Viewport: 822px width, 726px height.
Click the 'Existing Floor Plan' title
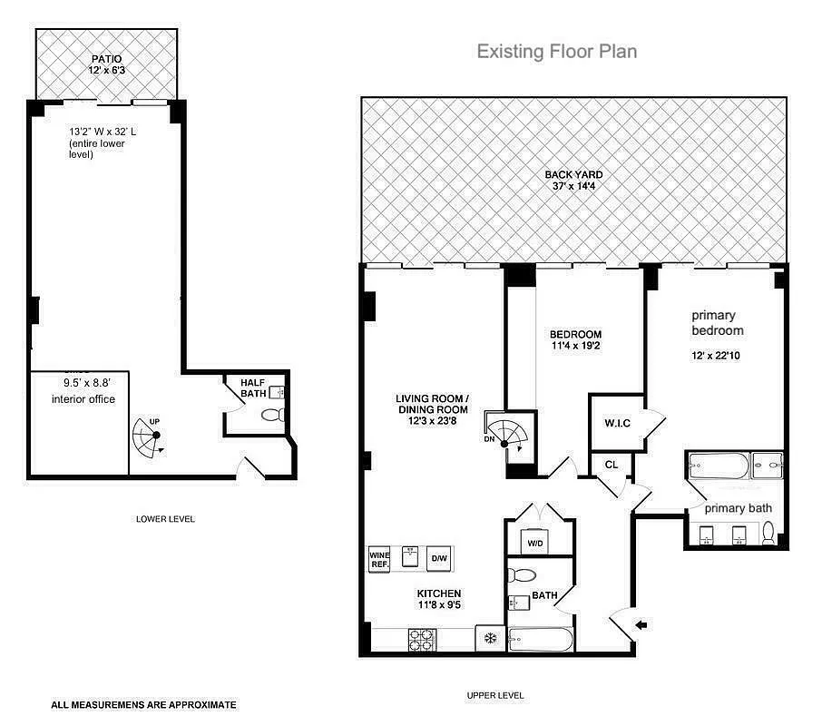(557, 51)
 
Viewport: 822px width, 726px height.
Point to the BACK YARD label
(573, 181)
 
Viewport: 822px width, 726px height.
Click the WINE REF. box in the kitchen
(378, 558)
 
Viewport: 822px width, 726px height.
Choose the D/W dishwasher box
(438, 557)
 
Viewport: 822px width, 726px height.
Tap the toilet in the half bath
(272, 417)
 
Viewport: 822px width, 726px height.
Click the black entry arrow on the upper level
(642, 624)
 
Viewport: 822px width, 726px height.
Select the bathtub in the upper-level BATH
(541, 641)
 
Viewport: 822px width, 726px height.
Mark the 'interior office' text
(83, 399)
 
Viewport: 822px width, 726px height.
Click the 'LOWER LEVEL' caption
(165, 519)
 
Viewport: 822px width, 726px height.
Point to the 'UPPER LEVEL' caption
(495, 695)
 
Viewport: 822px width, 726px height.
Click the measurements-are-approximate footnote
(143, 704)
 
